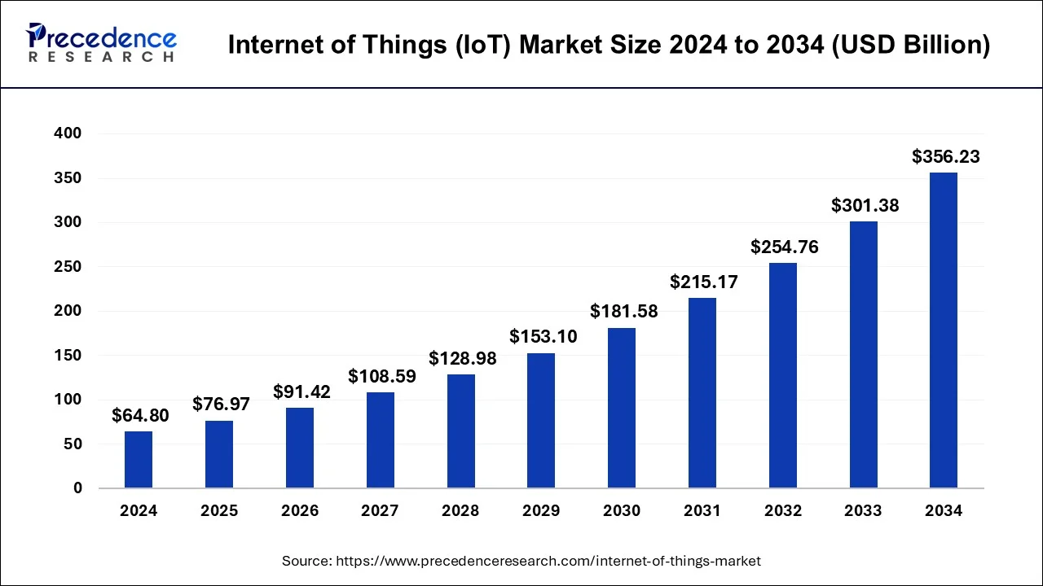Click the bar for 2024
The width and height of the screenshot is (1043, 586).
tap(139, 460)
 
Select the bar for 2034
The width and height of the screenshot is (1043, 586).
tap(944, 330)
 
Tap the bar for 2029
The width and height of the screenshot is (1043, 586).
tap(541, 421)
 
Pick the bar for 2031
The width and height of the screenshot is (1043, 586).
tap(702, 393)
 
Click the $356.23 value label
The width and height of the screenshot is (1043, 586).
tap(945, 157)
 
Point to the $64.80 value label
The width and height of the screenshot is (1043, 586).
tap(140, 416)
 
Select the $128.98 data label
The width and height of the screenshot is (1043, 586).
tap(463, 359)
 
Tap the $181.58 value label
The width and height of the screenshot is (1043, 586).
tap(624, 312)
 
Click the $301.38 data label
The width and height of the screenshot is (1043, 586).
tap(865, 206)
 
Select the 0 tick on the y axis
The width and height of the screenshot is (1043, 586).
tap(77, 488)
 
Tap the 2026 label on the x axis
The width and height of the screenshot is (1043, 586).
tap(300, 511)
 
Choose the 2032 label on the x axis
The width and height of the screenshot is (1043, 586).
tap(783, 511)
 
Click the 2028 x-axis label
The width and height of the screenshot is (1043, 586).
tap(460, 511)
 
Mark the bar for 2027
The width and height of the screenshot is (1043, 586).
tap(381, 440)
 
